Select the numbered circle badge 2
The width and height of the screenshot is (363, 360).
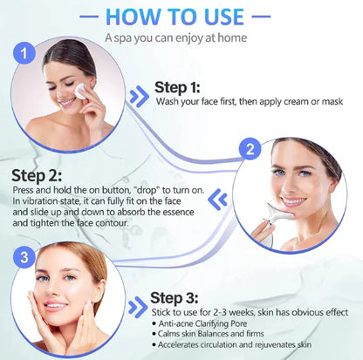pos(250,149)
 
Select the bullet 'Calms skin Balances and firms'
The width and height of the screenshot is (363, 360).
pos(213,336)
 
